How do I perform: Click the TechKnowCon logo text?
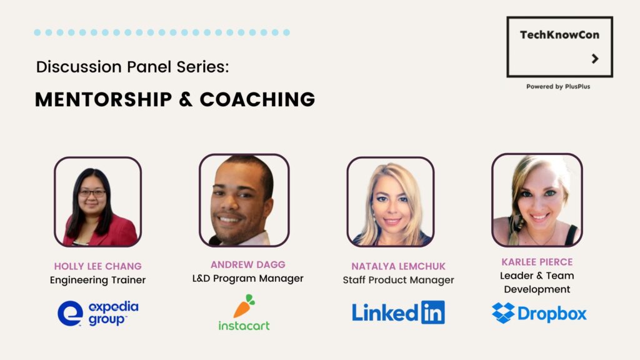[559, 35]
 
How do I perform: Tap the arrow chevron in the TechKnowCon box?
[595, 59]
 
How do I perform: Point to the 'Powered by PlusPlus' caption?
[558, 86]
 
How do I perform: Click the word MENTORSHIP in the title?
[104, 99]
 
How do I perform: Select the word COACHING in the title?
[257, 99]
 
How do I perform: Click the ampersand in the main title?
[186, 99]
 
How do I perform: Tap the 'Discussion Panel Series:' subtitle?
[132, 66]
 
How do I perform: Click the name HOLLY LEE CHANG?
[98, 266]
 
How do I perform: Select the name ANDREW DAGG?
[247, 264]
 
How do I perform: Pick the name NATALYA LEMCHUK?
[398, 266]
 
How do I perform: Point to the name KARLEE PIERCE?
[537, 262]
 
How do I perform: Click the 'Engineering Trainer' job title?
[98, 281]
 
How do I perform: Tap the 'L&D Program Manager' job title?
[247, 278]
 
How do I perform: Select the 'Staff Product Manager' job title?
[398, 280]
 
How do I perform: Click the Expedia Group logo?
[98, 314]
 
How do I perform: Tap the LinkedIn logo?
[398, 312]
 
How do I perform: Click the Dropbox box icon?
[503, 313]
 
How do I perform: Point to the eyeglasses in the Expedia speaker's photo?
[92, 193]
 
